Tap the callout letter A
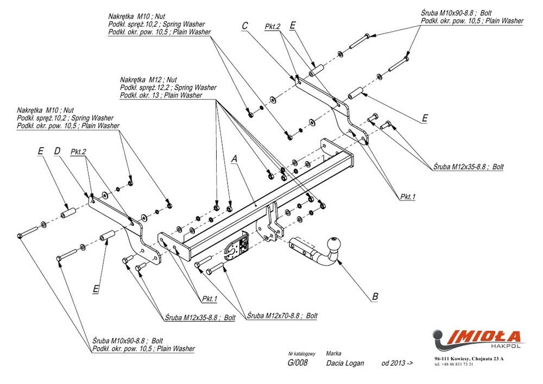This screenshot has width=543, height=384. coord(235,159)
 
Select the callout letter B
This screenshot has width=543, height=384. coord(375,297)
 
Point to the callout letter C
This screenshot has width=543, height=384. coord(245,26)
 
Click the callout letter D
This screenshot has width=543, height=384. coord(57,150)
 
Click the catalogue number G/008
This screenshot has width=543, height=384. coord(297,362)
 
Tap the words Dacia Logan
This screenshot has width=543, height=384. coord(345,363)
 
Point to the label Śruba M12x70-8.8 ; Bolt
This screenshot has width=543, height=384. coord(282,316)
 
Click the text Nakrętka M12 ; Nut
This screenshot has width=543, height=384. coord(148,80)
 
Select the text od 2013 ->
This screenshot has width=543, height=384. coord(397,363)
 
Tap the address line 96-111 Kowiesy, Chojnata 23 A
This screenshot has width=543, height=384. coord(469,358)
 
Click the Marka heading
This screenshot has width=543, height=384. coord(333,353)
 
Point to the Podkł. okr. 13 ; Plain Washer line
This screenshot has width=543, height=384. coord(161,95)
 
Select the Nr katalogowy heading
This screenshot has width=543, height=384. coord(301,354)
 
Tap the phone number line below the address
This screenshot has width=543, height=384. coord(454,364)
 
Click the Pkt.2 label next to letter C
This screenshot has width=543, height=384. coord(273,27)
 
